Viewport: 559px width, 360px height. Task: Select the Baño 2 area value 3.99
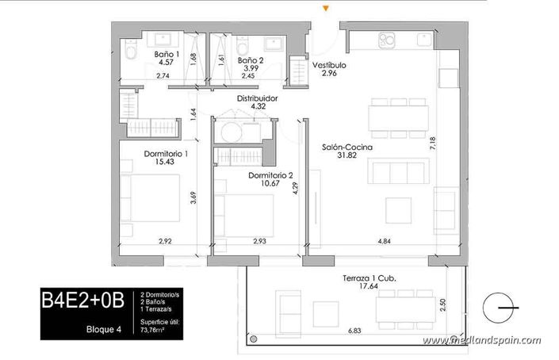[250, 68]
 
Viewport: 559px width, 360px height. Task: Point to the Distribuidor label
[258, 99]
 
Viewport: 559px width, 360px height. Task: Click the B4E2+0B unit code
[84, 300]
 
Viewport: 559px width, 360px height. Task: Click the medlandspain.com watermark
[481, 341]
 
